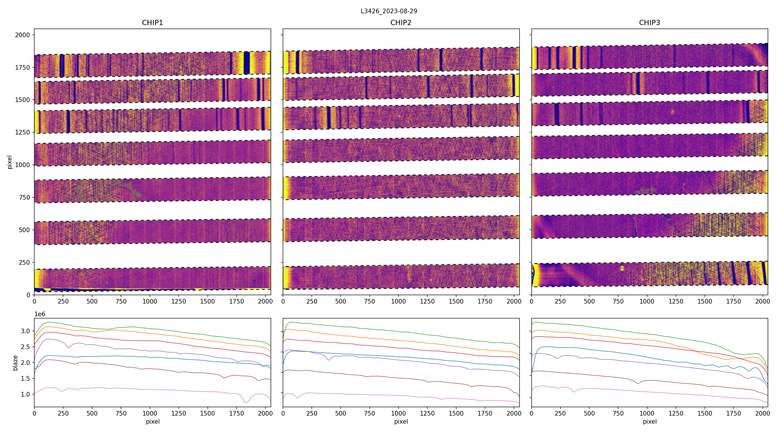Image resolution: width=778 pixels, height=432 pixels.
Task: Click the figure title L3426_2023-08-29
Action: click(x=389, y=11)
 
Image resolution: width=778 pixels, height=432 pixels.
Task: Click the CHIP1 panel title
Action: click(x=152, y=23)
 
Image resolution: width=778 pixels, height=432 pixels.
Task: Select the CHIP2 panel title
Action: click(x=401, y=23)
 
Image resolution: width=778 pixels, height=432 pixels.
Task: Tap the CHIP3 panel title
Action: click(x=649, y=23)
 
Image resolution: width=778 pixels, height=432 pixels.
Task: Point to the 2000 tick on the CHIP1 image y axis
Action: click(x=23, y=35)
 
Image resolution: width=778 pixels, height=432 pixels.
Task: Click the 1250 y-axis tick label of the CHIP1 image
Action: click(x=23, y=132)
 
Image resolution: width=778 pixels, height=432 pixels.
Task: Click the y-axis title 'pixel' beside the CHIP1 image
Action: click(x=10, y=162)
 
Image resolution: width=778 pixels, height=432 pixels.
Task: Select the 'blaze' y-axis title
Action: click(x=15, y=363)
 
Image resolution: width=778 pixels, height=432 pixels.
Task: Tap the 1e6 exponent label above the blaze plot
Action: click(x=40, y=314)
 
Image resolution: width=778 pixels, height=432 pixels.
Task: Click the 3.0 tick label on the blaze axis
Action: click(x=25, y=331)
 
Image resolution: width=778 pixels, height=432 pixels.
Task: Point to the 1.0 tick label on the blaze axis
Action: click(x=25, y=395)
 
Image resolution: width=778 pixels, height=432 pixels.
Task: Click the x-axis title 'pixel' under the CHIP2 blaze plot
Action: click(x=401, y=422)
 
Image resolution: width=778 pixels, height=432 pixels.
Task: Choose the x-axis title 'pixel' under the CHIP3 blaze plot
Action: click(x=649, y=422)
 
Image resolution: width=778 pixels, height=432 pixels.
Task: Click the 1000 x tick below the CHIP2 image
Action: click(x=398, y=301)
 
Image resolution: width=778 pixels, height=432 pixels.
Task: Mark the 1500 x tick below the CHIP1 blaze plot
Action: click(x=207, y=413)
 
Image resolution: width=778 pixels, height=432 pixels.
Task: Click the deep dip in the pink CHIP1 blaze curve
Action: click(x=246, y=402)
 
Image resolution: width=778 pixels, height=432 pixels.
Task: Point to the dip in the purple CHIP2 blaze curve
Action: click(x=329, y=360)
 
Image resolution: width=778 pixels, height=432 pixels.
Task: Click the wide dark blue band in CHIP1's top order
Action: click(x=247, y=63)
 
